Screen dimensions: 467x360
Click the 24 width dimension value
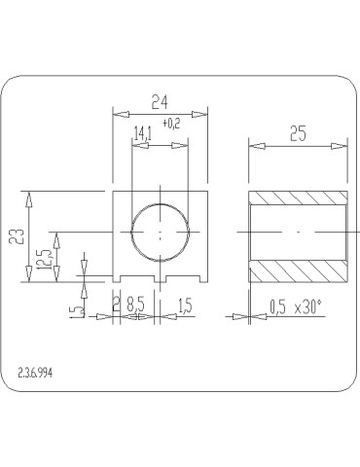click(162, 101)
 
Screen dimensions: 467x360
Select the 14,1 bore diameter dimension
click(142, 134)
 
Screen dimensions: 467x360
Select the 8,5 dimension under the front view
click(138, 305)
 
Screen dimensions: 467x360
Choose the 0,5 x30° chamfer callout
click(294, 306)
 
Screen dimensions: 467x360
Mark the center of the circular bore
click(160, 233)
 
